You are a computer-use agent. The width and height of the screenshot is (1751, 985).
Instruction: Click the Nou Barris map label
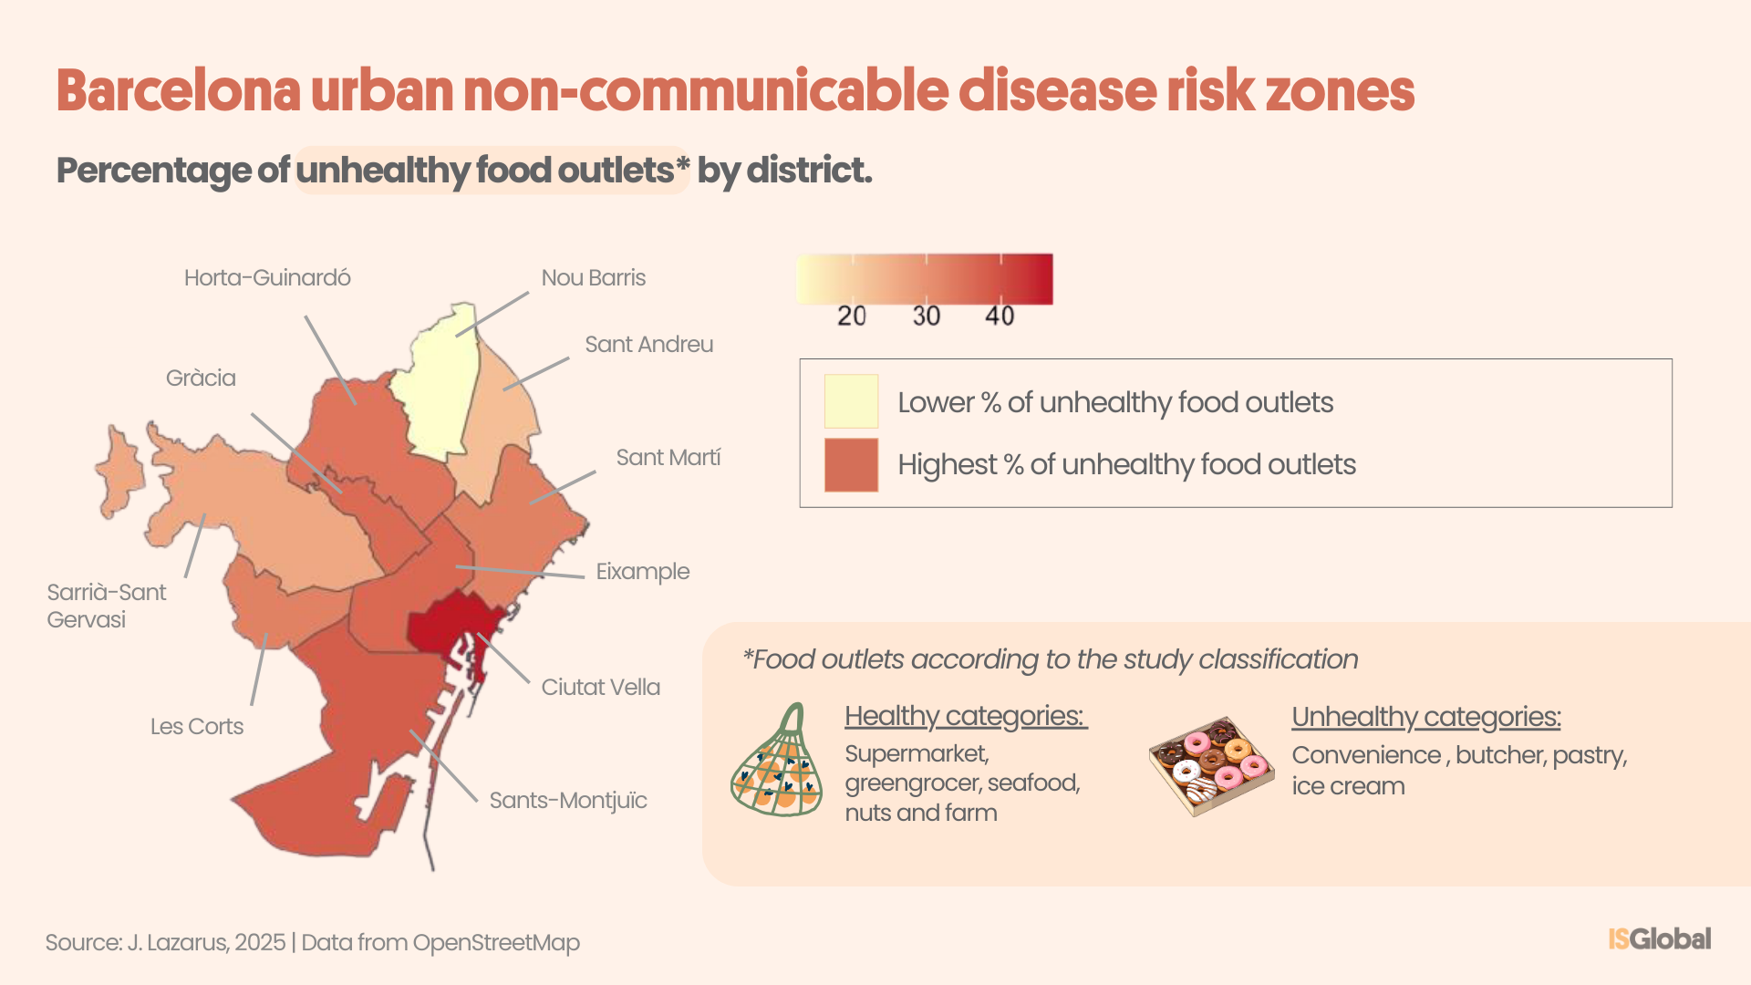pyautogui.click(x=593, y=278)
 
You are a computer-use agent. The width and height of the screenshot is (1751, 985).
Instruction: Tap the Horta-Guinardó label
pyautogui.click(x=267, y=278)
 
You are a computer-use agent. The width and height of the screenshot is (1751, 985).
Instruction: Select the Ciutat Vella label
pyautogui.click(x=600, y=688)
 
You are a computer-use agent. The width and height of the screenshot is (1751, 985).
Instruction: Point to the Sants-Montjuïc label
pyautogui.click(x=567, y=801)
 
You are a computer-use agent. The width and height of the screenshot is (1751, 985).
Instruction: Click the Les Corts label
pyautogui.click(x=197, y=727)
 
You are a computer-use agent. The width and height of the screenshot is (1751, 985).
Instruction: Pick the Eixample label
pyautogui.click(x=642, y=572)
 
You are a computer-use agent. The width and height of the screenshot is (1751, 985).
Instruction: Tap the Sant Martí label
pyautogui.click(x=668, y=458)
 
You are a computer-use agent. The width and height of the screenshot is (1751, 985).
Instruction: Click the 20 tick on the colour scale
pyautogui.click(x=852, y=316)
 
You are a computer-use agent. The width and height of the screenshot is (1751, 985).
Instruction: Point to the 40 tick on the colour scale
pyautogui.click(x=1000, y=316)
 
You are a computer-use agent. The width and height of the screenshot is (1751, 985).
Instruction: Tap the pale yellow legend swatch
pyautogui.click(x=851, y=401)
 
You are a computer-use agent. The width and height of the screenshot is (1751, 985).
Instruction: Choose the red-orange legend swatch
pyautogui.click(x=851, y=465)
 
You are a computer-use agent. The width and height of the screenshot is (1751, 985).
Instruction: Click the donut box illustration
pyautogui.click(x=1211, y=764)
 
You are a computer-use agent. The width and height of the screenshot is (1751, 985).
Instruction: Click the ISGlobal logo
pyautogui.click(x=1659, y=938)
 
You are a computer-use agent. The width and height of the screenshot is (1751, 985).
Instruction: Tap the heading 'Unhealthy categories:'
pyautogui.click(x=1425, y=718)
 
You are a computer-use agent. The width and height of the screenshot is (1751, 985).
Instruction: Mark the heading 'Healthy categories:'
pyautogui.click(x=965, y=717)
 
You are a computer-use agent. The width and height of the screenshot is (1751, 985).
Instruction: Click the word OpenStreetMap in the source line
pyautogui.click(x=496, y=943)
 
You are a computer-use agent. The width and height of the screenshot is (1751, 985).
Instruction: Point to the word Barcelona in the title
pyautogui.click(x=179, y=91)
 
